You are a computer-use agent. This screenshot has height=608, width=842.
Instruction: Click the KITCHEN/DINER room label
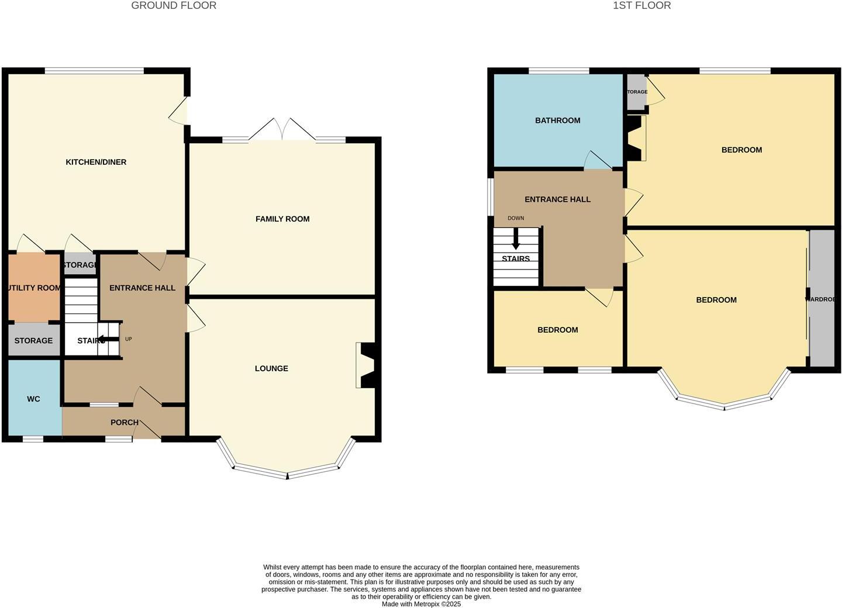coord(96,162)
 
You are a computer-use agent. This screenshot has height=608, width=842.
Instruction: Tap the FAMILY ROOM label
coord(282,219)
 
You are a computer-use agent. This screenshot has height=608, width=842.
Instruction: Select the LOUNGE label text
coord(271,368)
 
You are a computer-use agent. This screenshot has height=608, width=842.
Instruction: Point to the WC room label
coord(33,399)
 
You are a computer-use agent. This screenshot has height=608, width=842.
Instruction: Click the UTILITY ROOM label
coord(34,288)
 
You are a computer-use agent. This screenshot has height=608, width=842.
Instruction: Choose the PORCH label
coord(125,422)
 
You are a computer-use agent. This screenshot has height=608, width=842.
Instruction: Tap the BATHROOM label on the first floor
coord(557,120)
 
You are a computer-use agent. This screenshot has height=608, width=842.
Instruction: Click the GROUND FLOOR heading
coord(174,6)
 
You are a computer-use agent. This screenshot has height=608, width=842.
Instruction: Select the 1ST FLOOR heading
coord(641,6)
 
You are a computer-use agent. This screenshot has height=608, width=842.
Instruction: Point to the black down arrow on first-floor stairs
coord(516,240)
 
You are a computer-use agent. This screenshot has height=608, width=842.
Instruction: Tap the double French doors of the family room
coord(282,130)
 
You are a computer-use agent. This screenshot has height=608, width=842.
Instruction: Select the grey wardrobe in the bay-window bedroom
coord(822,299)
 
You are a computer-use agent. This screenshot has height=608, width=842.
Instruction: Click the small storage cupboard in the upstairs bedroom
coord(636,92)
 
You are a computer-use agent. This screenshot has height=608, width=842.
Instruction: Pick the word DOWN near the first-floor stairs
coord(516,218)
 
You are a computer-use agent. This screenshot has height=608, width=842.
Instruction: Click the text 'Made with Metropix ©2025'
coord(421,604)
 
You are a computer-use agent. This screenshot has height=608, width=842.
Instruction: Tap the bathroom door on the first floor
coord(598,161)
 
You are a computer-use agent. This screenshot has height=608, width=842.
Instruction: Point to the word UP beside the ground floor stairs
coord(129,339)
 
